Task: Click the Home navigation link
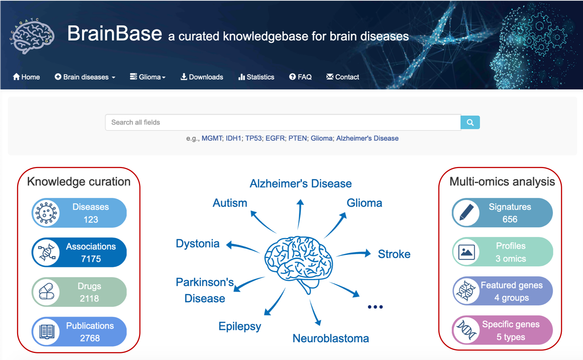26,77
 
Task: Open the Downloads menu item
202,77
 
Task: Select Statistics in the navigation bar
257,77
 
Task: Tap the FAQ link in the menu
300,77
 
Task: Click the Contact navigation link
342,77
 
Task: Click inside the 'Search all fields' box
283,122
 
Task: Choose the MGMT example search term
212,138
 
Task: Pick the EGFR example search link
275,138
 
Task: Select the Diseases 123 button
79,213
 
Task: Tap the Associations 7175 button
79,252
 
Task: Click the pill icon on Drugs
46,292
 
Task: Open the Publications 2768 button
79,331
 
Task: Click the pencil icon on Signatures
466,212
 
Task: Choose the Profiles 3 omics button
502,252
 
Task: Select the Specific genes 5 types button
502,330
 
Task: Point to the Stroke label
394,254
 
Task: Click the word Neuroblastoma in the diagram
331,338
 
